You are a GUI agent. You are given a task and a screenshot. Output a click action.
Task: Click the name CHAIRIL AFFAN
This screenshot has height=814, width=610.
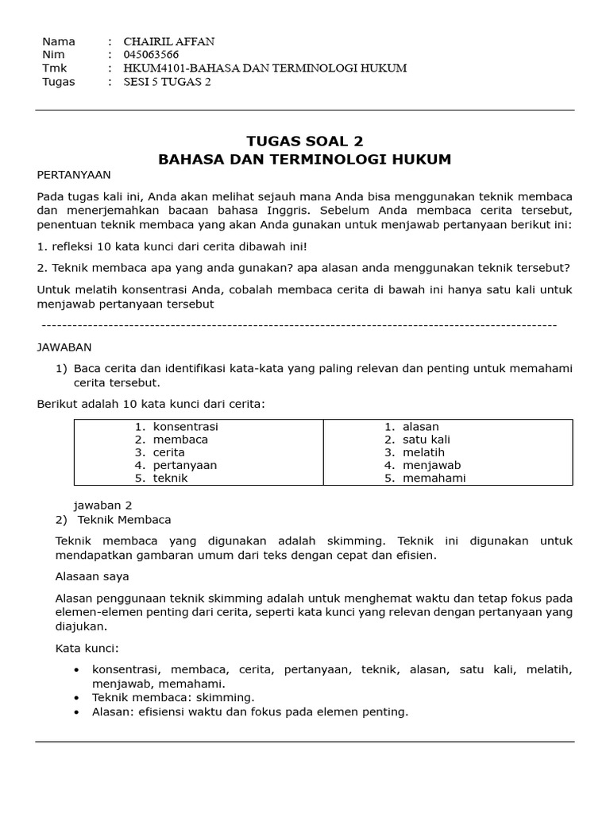coord(168,41)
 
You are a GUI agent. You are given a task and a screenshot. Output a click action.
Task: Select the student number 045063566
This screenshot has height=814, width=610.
coord(151,55)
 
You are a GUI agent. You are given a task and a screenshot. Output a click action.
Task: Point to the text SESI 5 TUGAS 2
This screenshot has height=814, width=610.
coord(167,82)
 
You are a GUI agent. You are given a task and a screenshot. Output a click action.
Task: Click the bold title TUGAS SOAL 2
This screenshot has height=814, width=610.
coord(304,141)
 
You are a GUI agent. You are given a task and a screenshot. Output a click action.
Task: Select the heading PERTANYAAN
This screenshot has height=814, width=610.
coord(74,174)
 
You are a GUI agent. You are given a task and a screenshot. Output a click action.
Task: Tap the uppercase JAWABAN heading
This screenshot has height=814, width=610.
coord(64,347)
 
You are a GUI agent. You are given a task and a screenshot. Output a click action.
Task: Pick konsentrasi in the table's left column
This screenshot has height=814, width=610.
coord(185,427)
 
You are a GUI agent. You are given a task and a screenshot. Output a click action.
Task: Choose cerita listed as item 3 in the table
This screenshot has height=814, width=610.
coord(168,452)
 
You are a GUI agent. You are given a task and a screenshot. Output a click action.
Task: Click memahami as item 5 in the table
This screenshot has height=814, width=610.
coord(434,478)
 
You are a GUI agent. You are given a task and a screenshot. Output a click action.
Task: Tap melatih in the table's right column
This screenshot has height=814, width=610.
coord(423,452)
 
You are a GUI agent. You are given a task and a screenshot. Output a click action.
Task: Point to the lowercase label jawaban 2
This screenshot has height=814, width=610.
coord(102,505)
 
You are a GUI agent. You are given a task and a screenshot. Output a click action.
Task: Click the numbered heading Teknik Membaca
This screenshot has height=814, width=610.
coord(124,520)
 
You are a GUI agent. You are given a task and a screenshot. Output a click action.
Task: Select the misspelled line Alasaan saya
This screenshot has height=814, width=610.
coord(92,576)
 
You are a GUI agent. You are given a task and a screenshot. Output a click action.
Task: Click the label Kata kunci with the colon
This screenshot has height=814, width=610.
coord(87,649)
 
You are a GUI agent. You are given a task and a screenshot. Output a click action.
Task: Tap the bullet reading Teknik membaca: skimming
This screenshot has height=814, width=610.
coord(173,697)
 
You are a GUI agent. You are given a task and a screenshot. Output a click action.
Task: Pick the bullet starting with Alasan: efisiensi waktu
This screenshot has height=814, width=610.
coord(249,712)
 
